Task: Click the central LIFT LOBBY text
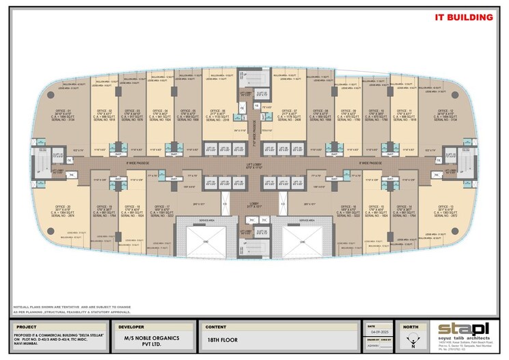coord(254,165)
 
